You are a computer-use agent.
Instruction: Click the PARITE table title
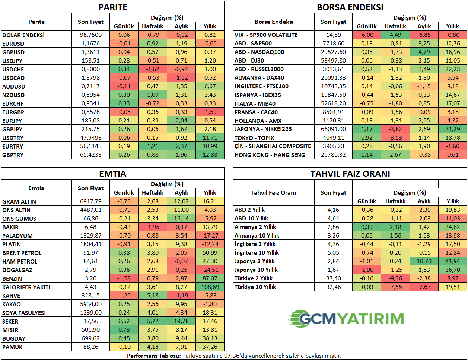pos(113,7)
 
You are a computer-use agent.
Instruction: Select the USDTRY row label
pos(13,138)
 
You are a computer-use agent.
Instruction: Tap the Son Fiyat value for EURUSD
pos(90,44)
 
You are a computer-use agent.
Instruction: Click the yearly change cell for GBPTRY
pos(210,155)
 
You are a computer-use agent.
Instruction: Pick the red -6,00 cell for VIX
pos(367,35)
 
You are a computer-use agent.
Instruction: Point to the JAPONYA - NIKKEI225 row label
pos(263,129)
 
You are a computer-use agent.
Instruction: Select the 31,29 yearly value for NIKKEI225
pos(452,129)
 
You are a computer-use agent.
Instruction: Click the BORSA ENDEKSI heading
pos(350,7)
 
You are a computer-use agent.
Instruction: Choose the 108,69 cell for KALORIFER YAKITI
pos(210,287)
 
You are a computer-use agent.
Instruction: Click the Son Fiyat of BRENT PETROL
pos(90,253)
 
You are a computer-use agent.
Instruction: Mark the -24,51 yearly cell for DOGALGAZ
pos(210,270)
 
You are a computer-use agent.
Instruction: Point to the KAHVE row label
pos(11,296)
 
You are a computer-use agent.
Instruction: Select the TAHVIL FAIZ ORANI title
pos(350,174)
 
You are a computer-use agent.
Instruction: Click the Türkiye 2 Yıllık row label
pos(254,278)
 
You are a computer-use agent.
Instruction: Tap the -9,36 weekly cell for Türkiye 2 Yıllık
pos(395,278)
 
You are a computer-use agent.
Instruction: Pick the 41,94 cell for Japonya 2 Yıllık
pos(452,261)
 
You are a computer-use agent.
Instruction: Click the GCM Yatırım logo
pos(346,319)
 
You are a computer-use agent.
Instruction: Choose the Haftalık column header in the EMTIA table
pos(153,193)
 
